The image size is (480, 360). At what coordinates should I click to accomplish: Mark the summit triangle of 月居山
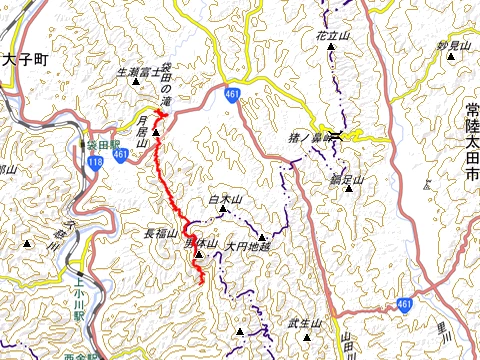click(155, 131)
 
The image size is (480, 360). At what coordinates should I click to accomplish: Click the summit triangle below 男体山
click(198, 254)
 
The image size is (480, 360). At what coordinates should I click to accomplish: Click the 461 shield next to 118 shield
click(120, 155)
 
